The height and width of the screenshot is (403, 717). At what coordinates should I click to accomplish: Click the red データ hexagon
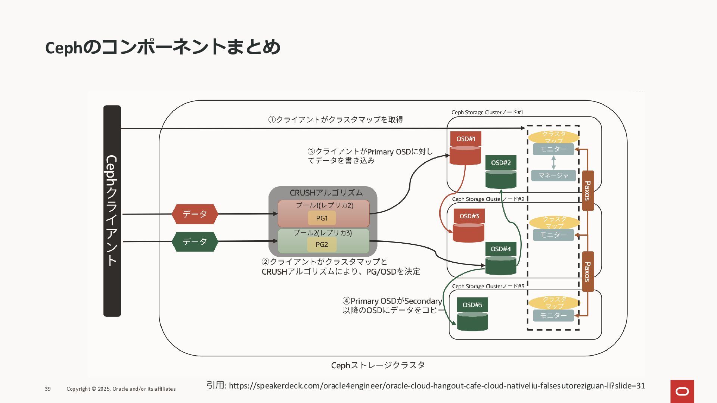(x=195, y=214)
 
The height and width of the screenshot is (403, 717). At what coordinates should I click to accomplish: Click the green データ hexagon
(x=195, y=242)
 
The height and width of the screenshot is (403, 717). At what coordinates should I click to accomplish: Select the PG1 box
(x=322, y=218)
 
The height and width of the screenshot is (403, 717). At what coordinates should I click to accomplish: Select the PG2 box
(x=322, y=245)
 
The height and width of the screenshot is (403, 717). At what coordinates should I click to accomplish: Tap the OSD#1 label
(x=466, y=139)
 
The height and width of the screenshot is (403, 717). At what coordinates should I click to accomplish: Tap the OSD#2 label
(x=501, y=163)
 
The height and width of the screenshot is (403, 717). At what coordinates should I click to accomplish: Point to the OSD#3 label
(x=469, y=216)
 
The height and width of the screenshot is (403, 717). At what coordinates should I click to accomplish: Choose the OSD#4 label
(x=501, y=249)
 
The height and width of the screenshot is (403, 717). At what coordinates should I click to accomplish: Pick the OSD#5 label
(x=472, y=305)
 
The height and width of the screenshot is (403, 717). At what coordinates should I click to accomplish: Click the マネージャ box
(x=553, y=175)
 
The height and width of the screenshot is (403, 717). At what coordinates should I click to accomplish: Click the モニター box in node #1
(x=553, y=149)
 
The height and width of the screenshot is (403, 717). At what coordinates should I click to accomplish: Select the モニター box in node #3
(x=553, y=315)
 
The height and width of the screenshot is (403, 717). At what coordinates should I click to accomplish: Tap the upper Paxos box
(x=588, y=191)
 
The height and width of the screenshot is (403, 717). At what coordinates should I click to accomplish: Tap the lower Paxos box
(x=588, y=272)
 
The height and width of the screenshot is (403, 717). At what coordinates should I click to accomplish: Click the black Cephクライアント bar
(x=112, y=211)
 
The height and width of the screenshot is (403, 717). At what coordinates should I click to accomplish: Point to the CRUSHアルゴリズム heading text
(x=326, y=193)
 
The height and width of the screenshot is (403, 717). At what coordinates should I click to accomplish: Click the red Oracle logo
(x=682, y=391)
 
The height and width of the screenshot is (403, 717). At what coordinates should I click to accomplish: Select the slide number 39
(x=48, y=389)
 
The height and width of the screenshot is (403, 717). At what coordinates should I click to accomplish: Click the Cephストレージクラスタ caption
(x=378, y=365)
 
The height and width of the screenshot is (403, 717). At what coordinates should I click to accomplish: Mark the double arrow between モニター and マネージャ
(x=553, y=163)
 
